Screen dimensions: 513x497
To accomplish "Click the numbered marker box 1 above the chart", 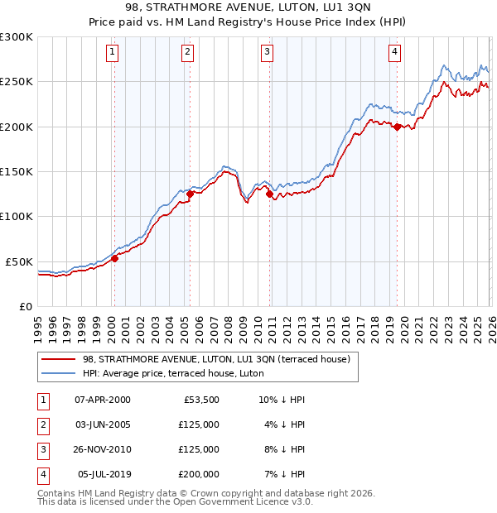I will click(113, 52).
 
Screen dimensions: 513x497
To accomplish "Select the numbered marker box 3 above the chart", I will click(268, 52).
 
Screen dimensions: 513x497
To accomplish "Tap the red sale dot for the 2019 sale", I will click(398, 127).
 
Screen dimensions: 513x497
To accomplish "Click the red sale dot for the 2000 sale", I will click(114, 258).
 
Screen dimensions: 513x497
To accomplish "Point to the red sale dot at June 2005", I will click(190, 194).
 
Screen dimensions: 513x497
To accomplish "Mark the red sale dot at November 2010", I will click(270, 194).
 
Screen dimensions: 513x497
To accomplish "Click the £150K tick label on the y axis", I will click(17, 171).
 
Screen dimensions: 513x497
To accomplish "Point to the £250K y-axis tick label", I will click(17, 82).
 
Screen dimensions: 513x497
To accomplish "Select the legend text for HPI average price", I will click(173, 373).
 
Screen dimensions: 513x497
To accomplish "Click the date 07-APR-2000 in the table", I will click(102, 400).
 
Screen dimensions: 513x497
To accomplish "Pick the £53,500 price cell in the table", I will click(200, 400).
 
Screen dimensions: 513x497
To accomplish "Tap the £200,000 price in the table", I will click(198, 474).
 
